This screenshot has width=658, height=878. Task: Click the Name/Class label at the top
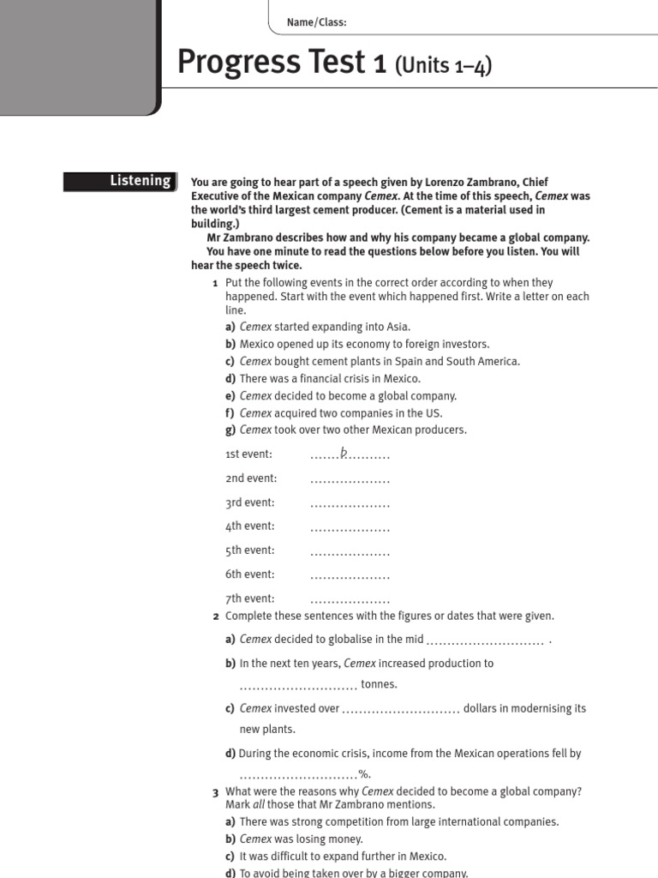click(x=323, y=23)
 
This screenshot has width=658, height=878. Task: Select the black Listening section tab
click(x=121, y=181)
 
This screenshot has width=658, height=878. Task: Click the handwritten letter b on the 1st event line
click(x=344, y=452)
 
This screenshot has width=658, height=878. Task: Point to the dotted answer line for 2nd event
click(x=350, y=479)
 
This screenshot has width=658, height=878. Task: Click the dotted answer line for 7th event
click(x=350, y=599)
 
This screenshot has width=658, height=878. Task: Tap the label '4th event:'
click(x=249, y=526)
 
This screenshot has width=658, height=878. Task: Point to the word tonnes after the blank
click(x=379, y=684)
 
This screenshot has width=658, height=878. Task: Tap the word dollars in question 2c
click(x=482, y=708)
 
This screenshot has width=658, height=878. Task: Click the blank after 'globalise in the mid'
click(x=484, y=640)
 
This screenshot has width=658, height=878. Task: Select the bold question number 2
click(x=215, y=616)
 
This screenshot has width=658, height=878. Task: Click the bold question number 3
click(x=215, y=792)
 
